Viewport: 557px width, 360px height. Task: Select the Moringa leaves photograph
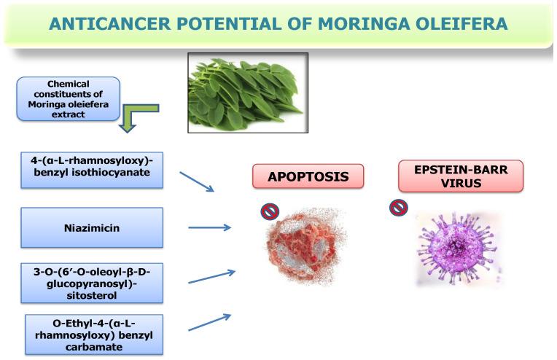click(248, 93)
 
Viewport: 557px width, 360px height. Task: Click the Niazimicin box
click(91, 227)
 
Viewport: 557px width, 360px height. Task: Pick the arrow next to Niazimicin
click(209, 227)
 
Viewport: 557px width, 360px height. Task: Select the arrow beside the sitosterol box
click(211, 277)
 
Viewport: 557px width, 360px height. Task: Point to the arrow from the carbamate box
click(210, 322)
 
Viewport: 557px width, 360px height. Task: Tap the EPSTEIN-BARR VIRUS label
click(461, 176)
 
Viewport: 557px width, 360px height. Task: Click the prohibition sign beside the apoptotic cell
click(270, 211)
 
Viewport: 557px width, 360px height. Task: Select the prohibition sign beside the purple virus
click(399, 208)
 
